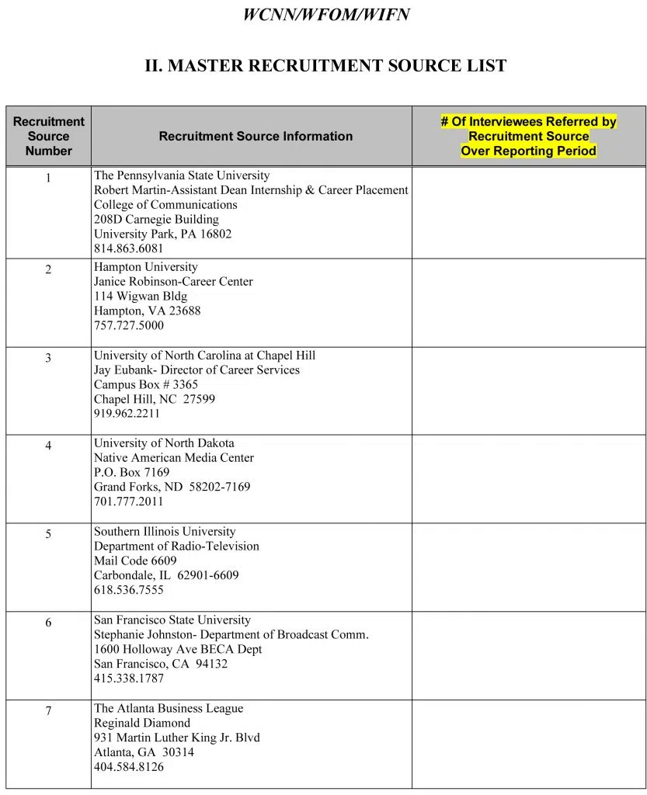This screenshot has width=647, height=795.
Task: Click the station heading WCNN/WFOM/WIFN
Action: (326, 15)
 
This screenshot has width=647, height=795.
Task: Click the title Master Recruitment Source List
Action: (325, 66)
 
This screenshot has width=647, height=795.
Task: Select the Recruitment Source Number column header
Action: (48, 136)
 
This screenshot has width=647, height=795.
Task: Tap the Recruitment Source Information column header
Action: (256, 136)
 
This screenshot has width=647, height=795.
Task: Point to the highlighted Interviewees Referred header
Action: (528, 136)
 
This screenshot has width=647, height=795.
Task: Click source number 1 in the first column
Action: (48, 178)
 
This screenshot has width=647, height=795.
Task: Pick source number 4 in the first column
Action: (48, 446)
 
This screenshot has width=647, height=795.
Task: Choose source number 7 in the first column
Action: (48, 711)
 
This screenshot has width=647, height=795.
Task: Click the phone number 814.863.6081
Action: (129, 248)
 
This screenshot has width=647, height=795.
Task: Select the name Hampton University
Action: (146, 267)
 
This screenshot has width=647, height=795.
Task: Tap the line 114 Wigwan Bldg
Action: (141, 297)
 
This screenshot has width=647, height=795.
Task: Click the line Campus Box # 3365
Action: (146, 384)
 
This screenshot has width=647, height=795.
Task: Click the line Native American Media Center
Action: (174, 458)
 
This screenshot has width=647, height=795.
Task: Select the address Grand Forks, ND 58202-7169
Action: (172, 487)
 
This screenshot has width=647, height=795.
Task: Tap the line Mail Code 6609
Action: (135, 561)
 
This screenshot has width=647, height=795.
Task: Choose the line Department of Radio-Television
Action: (176, 546)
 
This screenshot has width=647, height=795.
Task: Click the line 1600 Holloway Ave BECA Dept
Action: (178, 649)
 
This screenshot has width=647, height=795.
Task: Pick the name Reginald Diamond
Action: (142, 723)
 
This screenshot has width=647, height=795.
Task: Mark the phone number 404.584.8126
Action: (129, 767)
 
